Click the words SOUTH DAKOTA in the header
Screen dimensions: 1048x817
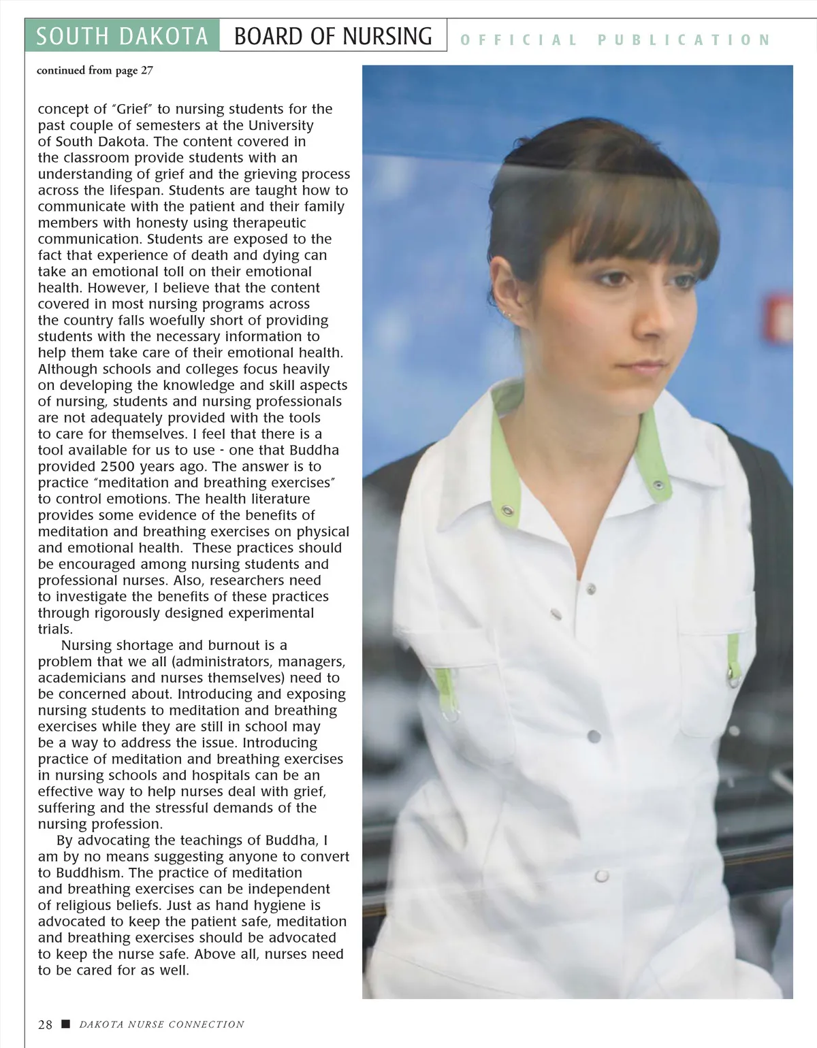pyautogui.click(x=122, y=36)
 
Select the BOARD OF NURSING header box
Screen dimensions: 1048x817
pyautogui.click(x=333, y=35)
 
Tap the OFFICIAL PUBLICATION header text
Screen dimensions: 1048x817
pyautogui.click(x=615, y=40)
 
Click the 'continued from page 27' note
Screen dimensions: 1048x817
pyautogui.click(x=95, y=70)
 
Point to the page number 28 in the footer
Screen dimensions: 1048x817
pyautogui.click(x=45, y=1024)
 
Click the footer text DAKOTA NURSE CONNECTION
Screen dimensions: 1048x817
pyautogui.click(x=161, y=1024)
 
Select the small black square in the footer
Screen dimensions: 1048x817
pyautogui.click(x=65, y=1024)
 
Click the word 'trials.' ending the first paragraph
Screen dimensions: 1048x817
pyautogui.click(x=55, y=629)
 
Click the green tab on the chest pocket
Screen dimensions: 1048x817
pyautogui.click(x=733, y=654)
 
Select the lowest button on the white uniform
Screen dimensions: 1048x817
pyautogui.click(x=602, y=877)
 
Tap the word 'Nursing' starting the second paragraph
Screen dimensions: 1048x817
pyautogui.click(x=87, y=645)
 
